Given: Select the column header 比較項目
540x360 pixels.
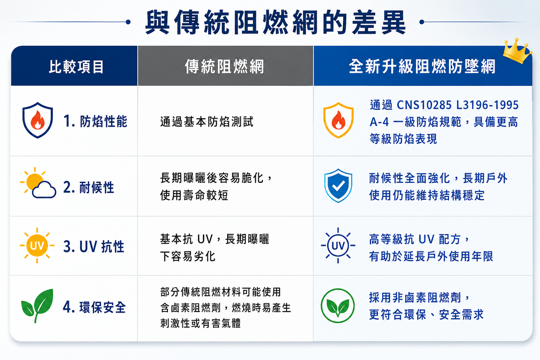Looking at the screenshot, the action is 76,66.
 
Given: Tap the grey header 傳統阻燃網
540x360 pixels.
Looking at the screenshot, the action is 225,66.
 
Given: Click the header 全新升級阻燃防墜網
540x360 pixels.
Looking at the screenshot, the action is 422,66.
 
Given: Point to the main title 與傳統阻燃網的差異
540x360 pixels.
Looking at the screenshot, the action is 275,22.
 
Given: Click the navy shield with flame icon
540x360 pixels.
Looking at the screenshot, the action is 38,120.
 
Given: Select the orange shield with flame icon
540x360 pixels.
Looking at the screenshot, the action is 338,120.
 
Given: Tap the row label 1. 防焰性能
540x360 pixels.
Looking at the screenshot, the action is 96,121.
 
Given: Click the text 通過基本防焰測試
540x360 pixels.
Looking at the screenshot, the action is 207,122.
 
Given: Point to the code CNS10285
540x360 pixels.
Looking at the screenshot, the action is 424,105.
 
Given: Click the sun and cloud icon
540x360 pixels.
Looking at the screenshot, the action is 38,183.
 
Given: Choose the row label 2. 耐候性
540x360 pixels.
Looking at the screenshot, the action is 89,187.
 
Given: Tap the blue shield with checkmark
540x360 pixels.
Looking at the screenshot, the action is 338,185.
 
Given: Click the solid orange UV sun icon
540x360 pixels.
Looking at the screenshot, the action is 37,245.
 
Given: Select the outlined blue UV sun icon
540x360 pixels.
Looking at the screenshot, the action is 338,245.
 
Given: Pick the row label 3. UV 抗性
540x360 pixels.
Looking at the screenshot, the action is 94,247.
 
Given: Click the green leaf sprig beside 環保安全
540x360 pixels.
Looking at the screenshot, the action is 37,306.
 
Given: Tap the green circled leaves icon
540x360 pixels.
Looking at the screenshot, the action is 338,306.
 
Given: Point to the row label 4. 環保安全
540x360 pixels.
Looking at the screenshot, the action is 94,307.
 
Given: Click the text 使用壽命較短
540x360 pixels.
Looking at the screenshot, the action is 194,195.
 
